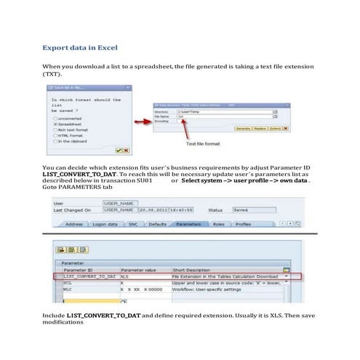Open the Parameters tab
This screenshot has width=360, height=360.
[x=188, y=225]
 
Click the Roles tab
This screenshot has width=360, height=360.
[x=218, y=225]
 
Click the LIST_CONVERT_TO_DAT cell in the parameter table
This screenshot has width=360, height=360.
[x=88, y=277]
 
